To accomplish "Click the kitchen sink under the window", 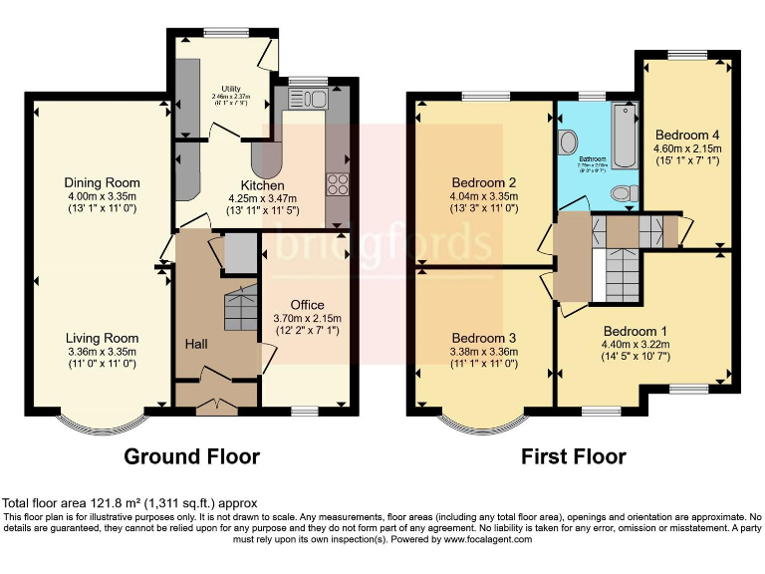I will [306, 98].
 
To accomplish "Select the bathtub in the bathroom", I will [625, 135].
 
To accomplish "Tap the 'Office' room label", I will [307, 304].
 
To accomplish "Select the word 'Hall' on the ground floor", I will [195, 344].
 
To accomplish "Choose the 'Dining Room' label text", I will [102, 182].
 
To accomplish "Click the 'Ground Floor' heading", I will [191, 457].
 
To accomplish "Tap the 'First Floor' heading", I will [574, 457].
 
